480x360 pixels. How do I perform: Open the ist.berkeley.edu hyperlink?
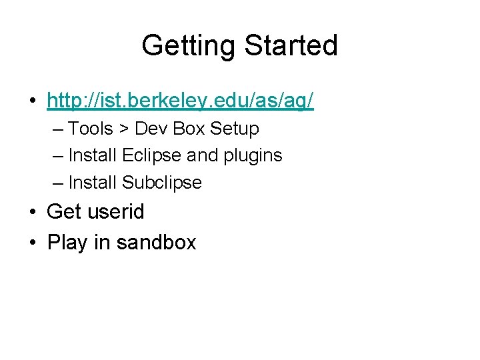(x=180, y=101)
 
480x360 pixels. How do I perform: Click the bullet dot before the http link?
(x=32, y=102)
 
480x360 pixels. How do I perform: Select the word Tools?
(x=91, y=128)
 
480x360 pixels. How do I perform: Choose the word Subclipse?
(x=162, y=183)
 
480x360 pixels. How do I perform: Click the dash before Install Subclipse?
(x=57, y=183)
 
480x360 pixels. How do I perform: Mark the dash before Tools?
(x=57, y=128)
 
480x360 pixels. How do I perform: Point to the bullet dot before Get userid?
(x=32, y=213)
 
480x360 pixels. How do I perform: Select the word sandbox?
(x=156, y=242)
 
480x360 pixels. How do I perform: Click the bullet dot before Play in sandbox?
(x=32, y=243)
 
